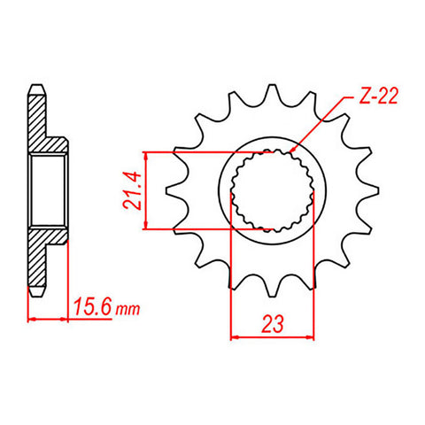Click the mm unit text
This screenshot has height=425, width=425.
128,310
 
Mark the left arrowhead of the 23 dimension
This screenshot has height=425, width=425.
235,336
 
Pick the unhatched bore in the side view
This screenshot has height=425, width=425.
49,189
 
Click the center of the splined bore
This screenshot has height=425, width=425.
271,189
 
